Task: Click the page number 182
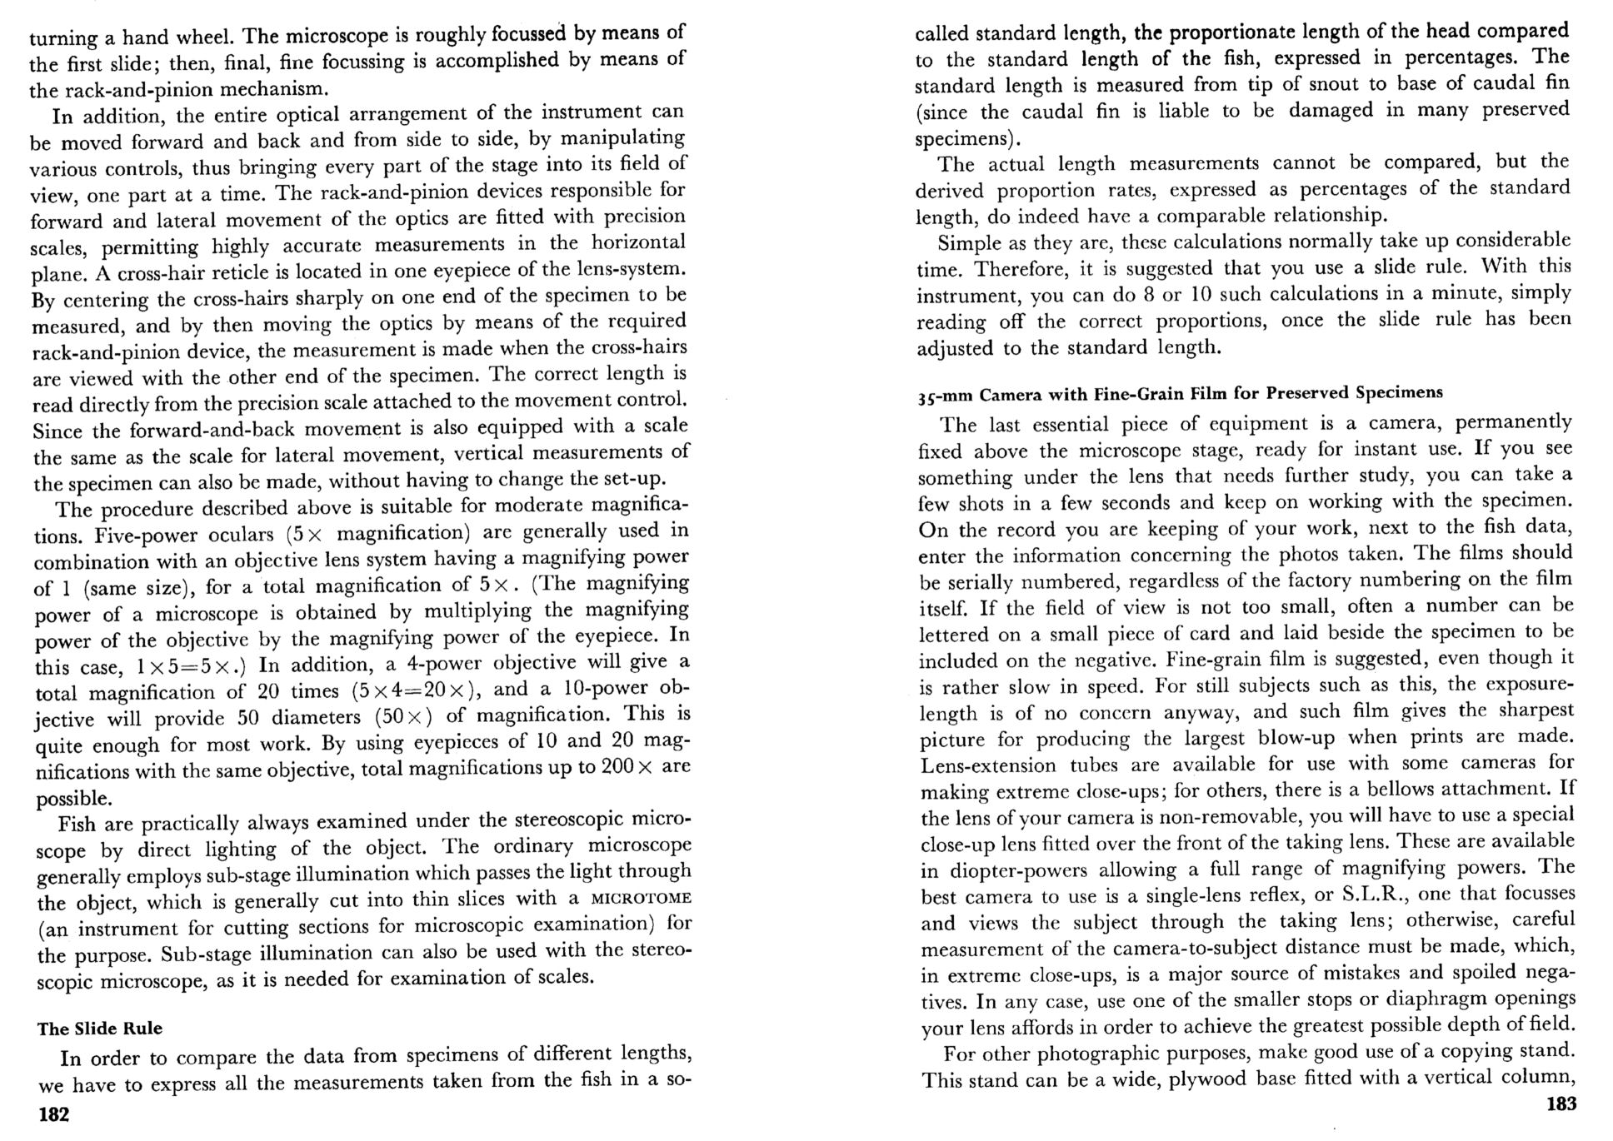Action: pos(54,1114)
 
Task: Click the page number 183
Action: pos(1561,1104)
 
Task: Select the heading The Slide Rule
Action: pos(100,1029)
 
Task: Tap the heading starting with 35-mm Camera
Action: pos(1180,393)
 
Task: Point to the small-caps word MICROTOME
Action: pos(641,899)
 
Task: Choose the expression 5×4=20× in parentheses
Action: pos(414,690)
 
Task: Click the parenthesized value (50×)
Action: pos(403,716)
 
